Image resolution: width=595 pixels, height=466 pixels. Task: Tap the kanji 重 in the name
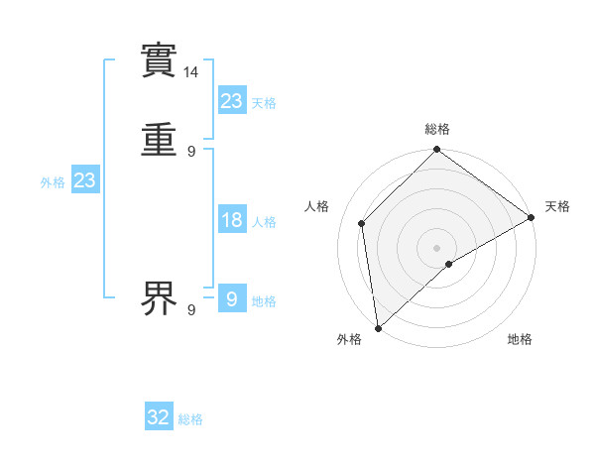pyautogui.click(x=159, y=140)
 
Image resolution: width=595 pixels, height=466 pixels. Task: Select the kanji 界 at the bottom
pyautogui.click(x=159, y=298)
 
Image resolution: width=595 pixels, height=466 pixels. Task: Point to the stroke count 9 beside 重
pyautogui.click(x=191, y=152)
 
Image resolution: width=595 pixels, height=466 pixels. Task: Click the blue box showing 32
pyautogui.click(x=159, y=417)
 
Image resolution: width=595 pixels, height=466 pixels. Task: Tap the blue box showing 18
pyautogui.click(x=232, y=220)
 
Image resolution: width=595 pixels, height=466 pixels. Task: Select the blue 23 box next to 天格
pyautogui.click(x=232, y=101)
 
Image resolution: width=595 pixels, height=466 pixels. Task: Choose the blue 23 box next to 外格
pyautogui.click(x=85, y=180)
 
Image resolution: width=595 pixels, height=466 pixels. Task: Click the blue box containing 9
pyautogui.click(x=232, y=298)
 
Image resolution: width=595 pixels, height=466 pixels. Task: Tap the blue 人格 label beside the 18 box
pyautogui.click(x=264, y=222)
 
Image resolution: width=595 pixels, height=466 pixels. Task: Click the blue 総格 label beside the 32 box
pyautogui.click(x=190, y=419)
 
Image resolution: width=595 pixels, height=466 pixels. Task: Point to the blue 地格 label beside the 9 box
pyautogui.click(x=264, y=301)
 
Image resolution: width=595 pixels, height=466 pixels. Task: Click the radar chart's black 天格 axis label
pyautogui.click(x=557, y=206)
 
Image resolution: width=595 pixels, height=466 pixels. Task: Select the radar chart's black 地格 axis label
pyautogui.click(x=520, y=339)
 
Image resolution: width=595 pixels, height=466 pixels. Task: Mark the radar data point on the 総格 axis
pyautogui.click(x=437, y=151)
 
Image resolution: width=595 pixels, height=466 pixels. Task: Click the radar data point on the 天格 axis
pyautogui.click(x=531, y=217)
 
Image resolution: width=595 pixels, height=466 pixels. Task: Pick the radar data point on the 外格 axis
pyautogui.click(x=378, y=327)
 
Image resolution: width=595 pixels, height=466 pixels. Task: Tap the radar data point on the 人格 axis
pyautogui.click(x=362, y=223)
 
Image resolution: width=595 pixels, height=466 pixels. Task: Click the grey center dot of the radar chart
pyautogui.click(x=437, y=247)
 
